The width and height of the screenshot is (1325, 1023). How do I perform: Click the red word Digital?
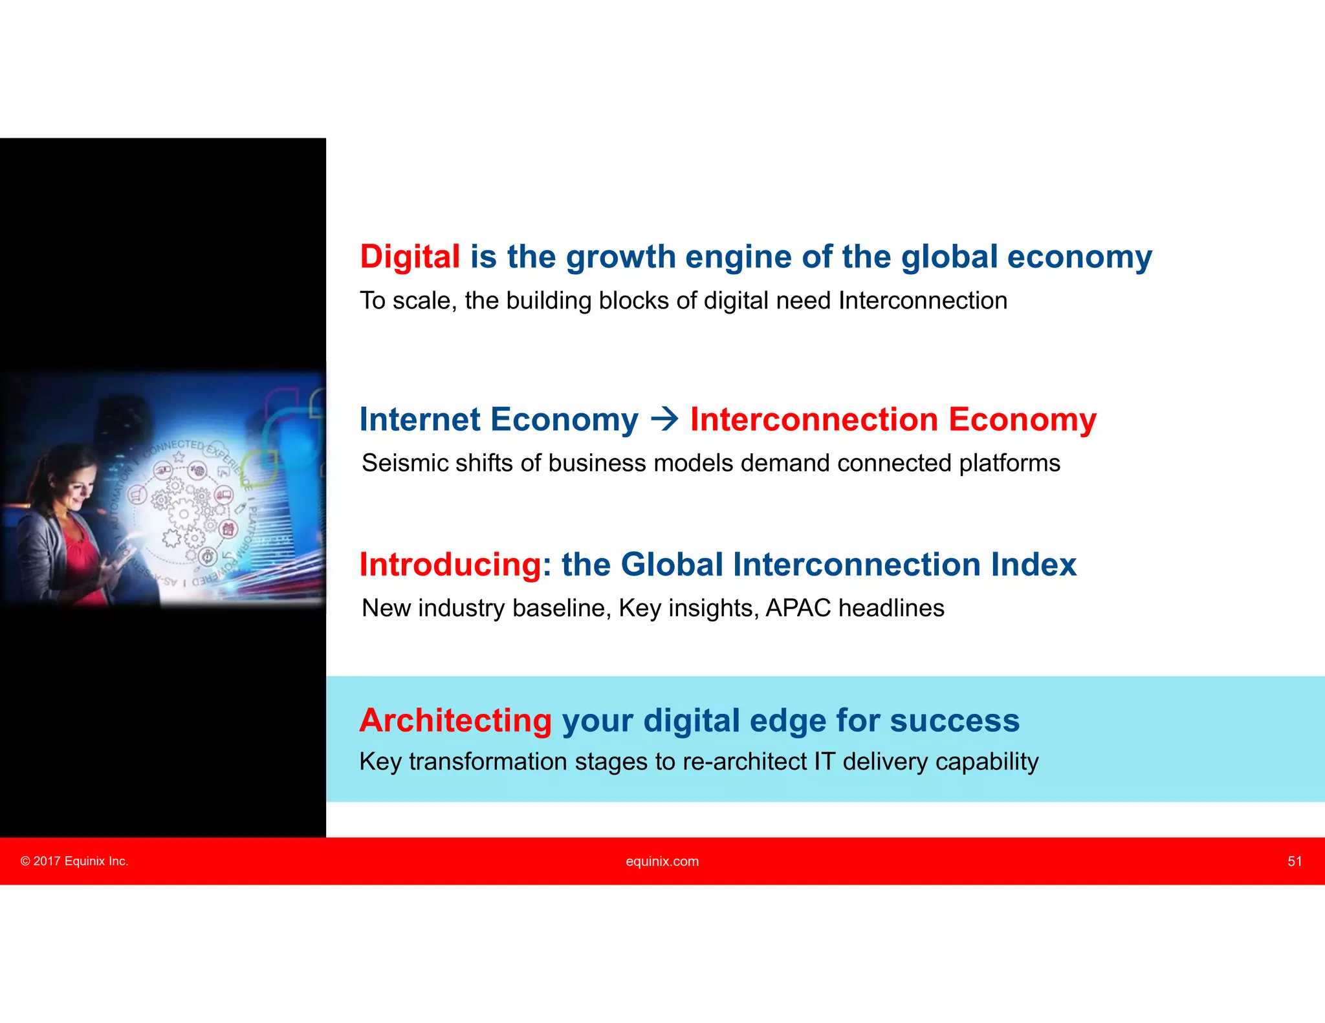pos(410,257)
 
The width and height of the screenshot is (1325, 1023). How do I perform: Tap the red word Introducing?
pos(450,565)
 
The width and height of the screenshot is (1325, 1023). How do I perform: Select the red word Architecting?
pos(455,720)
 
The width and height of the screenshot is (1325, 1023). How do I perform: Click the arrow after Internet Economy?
pos(664,419)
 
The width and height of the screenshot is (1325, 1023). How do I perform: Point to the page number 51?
pos(1294,861)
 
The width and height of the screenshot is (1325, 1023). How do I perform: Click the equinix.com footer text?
pos(662,861)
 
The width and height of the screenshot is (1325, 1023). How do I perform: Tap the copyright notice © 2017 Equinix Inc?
pos(74,861)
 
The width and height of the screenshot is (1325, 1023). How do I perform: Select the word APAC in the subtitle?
pos(798,608)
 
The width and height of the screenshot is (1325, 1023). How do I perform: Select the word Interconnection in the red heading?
pos(814,419)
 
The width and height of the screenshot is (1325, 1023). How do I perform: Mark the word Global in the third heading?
pos(672,565)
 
